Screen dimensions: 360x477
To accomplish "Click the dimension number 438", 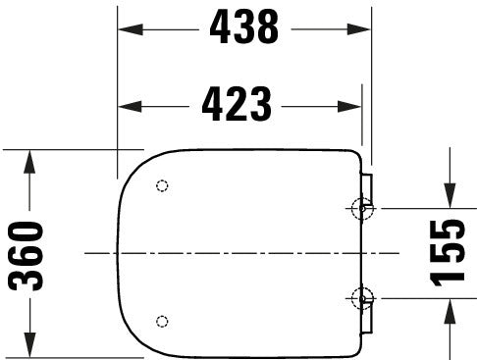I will point(243,29).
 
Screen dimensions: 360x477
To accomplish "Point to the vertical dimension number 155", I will point(450,251).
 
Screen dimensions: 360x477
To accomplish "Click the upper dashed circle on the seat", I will point(162,186).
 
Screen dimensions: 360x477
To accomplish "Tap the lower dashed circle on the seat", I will point(162,321).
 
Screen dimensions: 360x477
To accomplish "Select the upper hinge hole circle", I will point(362,208).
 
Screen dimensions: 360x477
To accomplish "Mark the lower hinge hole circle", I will point(362,298).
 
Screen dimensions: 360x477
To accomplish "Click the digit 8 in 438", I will point(268,29).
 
